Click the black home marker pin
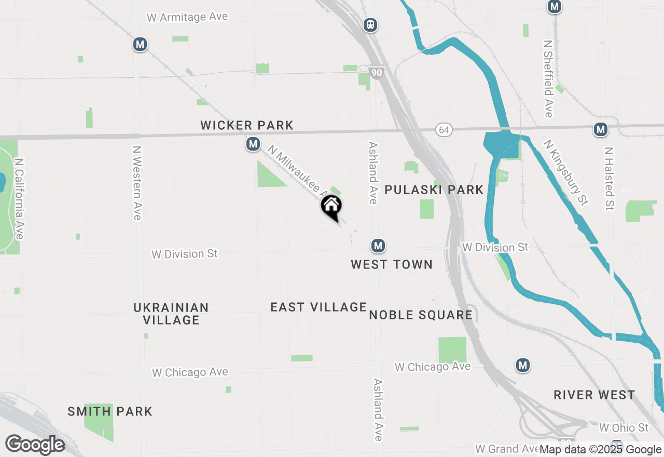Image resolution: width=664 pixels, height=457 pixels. (331, 207)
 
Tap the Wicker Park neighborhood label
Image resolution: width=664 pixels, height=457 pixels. (247, 125)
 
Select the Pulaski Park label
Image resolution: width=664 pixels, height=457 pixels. (434, 190)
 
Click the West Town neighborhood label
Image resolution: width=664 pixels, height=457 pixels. (392, 265)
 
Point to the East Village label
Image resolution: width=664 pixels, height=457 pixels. (319, 307)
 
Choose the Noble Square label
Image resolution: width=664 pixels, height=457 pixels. (421, 315)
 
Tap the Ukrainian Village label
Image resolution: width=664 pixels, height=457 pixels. (171, 314)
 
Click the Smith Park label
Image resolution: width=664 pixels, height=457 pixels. (110, 412)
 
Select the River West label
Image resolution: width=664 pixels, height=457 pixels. (594, 395)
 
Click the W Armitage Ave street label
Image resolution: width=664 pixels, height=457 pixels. (187, 17)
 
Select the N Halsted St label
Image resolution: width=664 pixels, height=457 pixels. (609, 178)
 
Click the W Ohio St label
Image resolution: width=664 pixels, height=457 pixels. (624, 428)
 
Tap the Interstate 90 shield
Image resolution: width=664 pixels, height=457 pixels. (377, 73)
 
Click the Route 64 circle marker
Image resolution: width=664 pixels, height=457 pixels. (445, 129)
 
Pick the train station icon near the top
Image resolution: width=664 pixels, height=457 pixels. (370, 24)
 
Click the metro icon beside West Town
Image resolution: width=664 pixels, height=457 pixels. (378, 246)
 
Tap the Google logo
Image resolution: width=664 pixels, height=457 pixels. (35, 445)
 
